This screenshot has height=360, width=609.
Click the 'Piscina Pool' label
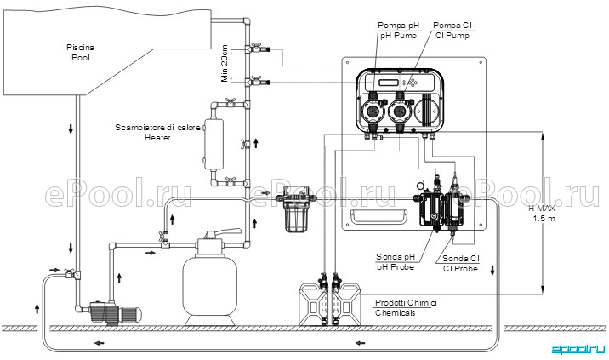click(81, 53)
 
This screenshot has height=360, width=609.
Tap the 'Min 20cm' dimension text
click(225, 63)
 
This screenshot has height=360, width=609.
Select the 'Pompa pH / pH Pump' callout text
click(398, 31)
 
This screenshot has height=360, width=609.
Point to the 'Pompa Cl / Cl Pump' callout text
click(452, 31)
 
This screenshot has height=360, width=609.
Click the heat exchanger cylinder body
click(213, 144)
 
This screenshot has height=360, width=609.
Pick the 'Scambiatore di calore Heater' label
click(157, 132)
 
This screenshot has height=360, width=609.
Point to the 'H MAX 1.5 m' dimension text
click(543, 214)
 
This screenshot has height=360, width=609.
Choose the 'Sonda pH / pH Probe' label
click(396, 261)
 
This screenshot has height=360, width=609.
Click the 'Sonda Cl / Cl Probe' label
click(461, 263)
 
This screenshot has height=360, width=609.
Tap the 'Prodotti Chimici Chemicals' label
click(406, 307)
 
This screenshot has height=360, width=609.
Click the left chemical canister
click(314, 304)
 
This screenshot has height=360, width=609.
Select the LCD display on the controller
click(390, 83)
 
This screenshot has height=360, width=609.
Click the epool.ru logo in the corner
click(578, 350)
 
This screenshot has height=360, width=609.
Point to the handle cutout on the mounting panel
click(379, 217)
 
